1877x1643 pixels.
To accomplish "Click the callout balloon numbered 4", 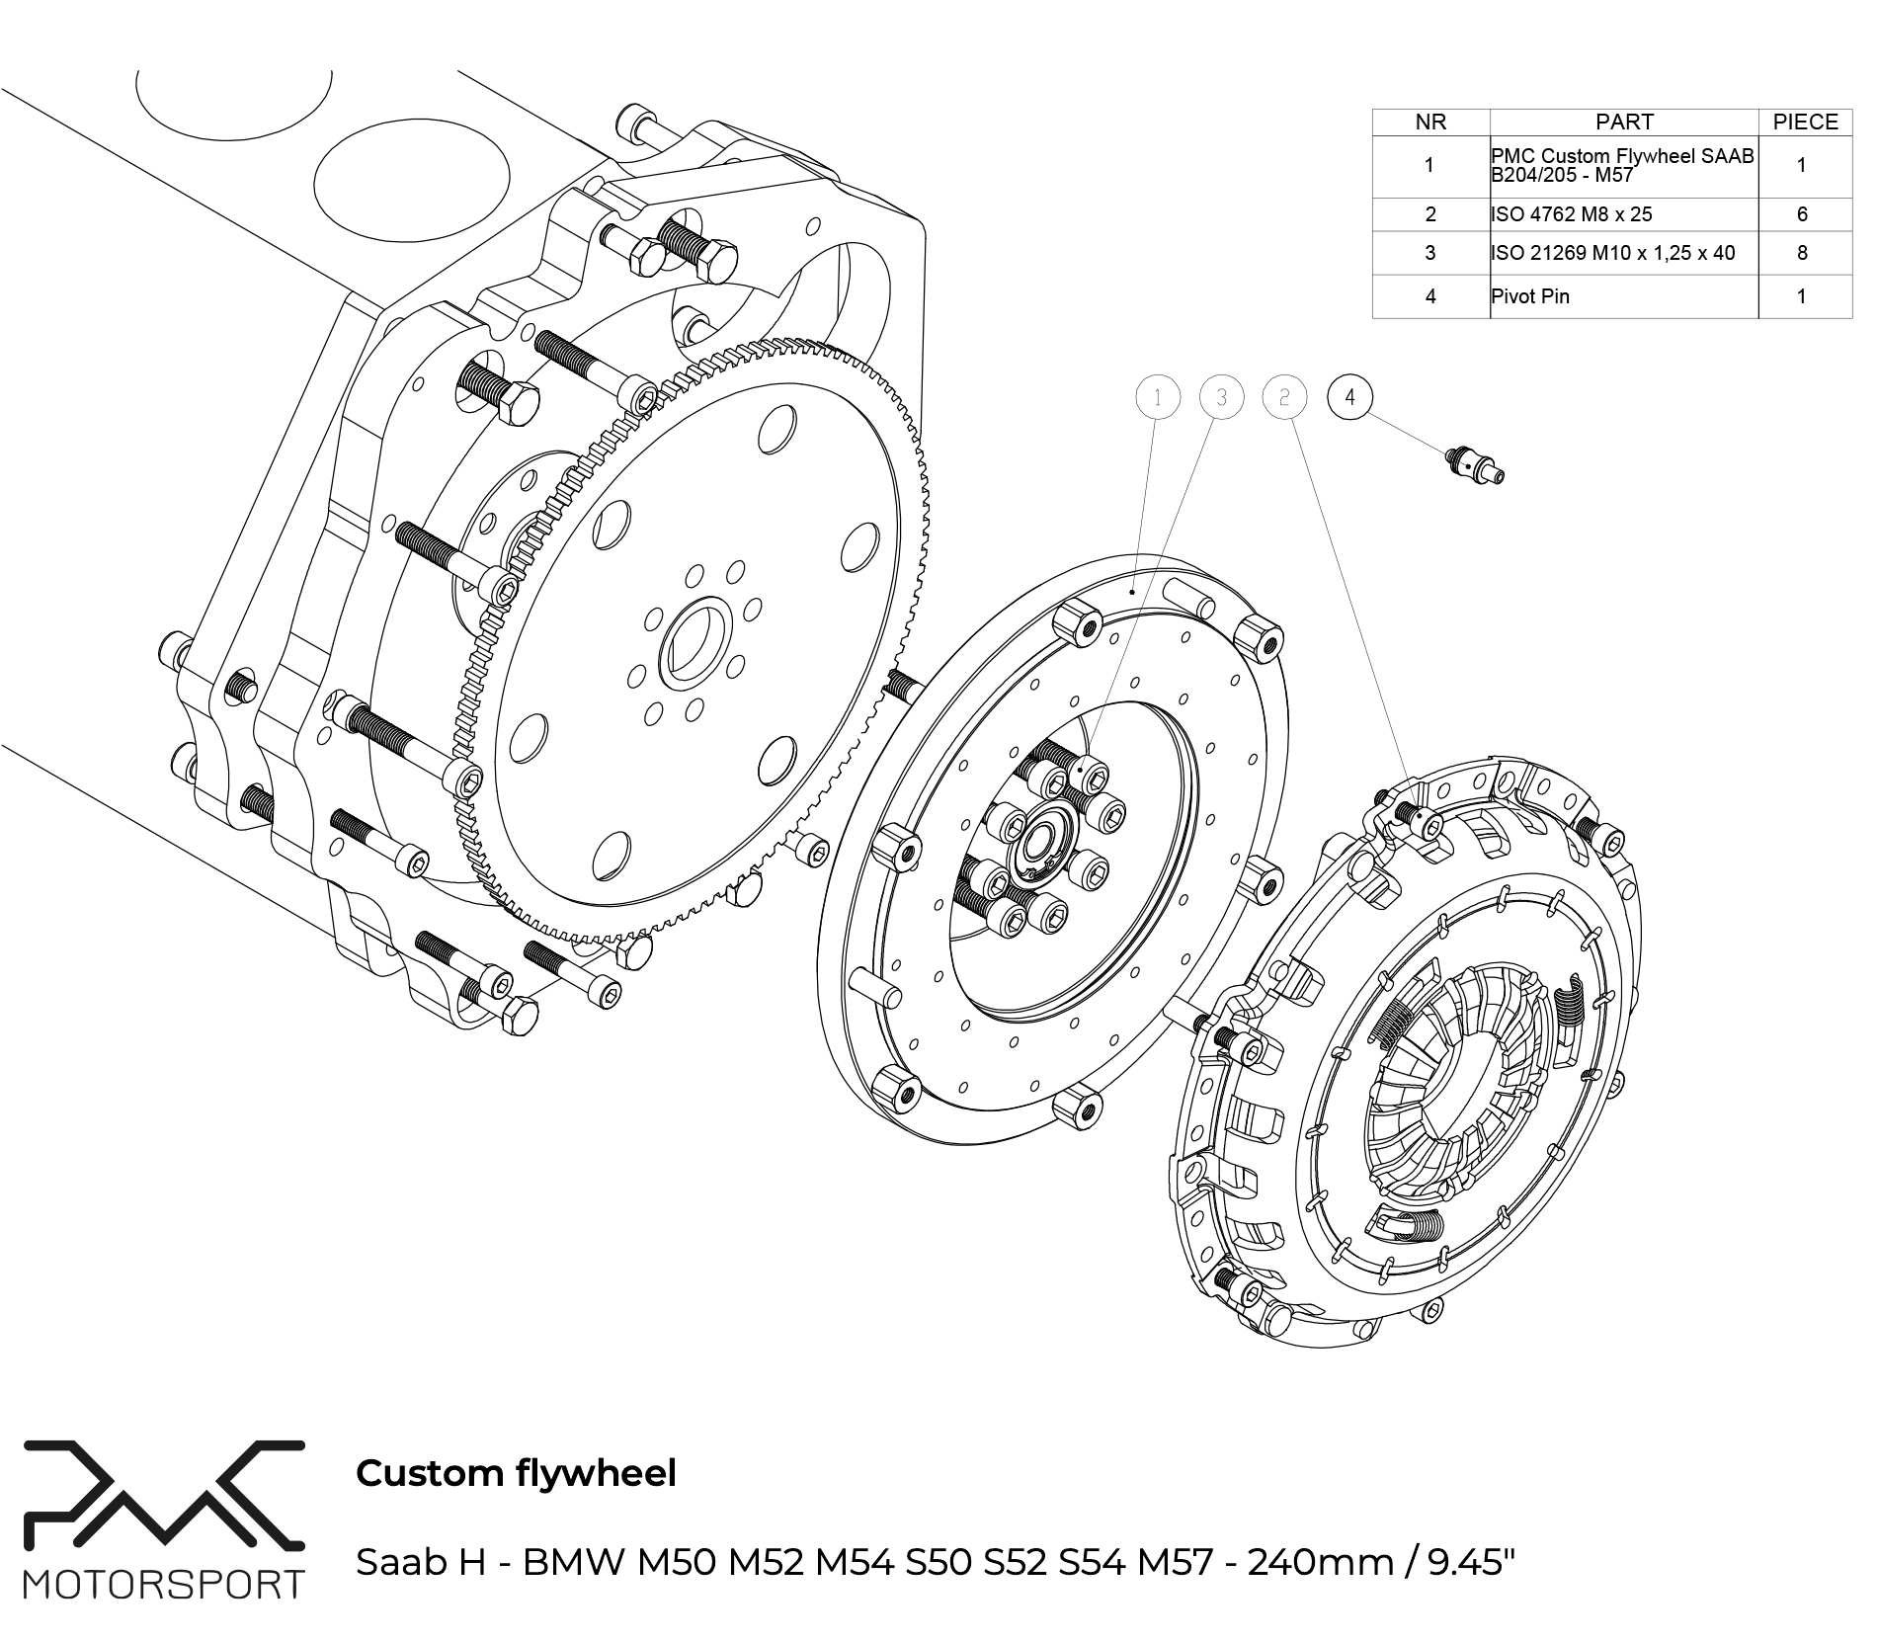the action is (1350, 397).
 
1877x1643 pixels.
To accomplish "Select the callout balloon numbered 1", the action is (1159, 397).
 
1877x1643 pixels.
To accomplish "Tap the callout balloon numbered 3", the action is (1222, 397).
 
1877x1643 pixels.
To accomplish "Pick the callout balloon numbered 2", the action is (1284, 397).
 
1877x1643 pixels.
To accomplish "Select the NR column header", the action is (1430, 122).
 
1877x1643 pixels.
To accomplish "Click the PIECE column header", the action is (1805, 122).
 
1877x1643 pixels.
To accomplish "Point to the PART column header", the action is (1624, 122).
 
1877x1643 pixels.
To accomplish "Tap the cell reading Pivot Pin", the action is (1530, 296).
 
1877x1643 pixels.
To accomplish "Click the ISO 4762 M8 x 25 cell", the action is (1572, 214).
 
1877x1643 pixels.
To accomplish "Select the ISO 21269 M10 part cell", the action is (1613, 253).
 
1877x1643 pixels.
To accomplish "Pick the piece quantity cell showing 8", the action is (1802, 253).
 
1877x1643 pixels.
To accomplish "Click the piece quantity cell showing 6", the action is (1802, 214).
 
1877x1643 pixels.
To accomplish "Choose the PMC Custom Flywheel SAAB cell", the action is (1623, 165).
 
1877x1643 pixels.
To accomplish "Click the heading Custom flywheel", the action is (516, 1473).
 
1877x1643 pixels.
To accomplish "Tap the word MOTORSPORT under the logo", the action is (164, 1586).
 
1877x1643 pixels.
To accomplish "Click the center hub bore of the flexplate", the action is (695, 643).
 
